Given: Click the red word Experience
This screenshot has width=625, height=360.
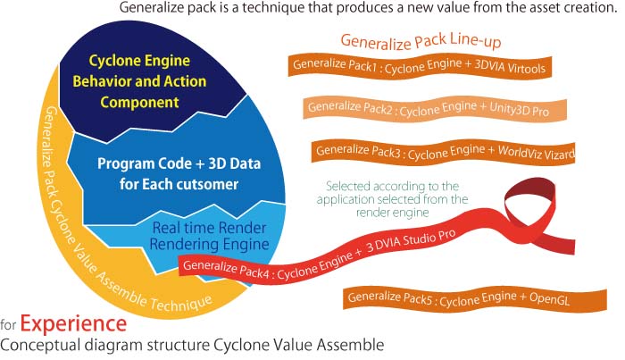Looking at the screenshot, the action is [73, 323].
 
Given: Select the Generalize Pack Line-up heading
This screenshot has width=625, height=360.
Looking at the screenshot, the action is [421, 41].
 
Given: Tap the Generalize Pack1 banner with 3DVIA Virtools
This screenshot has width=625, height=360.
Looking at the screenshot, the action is [420, 67].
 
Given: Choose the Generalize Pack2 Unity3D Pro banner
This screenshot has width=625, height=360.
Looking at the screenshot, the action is [435, 108].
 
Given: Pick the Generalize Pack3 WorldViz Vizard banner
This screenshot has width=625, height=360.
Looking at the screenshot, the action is [443, 152].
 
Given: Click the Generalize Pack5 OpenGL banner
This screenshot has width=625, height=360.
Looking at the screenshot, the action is [475, 298].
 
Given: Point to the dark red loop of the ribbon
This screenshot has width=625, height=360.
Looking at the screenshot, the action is [529, 190].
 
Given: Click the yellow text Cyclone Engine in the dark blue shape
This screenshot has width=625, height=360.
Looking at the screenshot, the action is [139, 61].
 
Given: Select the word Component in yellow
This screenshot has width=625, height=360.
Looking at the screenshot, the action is [139, 102].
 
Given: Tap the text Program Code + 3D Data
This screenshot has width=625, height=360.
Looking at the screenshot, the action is [179, 163].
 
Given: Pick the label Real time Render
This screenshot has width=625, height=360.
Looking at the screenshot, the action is [209, 228].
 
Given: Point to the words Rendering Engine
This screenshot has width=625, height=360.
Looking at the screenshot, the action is [209, 244].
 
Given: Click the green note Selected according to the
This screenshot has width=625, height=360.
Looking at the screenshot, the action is [392, 186].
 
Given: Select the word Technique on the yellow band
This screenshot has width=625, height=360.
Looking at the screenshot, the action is [180, 303].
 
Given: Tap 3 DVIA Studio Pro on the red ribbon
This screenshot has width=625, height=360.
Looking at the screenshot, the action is [411, 240].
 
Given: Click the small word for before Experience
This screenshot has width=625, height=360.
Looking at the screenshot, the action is [8, 324].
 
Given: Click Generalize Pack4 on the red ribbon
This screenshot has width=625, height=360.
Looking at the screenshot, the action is [228, 268].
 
